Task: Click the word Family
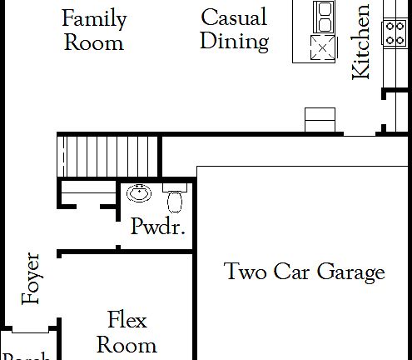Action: click(94, 18)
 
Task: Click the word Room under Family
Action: click(94, 42)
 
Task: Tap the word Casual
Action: click(234, 17)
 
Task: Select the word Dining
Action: click(234, 41)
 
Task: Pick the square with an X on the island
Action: click(320, 47)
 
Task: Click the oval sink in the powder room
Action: click(138, 194)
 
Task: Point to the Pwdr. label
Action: click(157, 227)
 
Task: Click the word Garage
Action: click(350, 272)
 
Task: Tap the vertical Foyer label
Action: click(33, 277)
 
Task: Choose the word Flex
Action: click(127, 319)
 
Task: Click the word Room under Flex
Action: click(127, 343)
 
